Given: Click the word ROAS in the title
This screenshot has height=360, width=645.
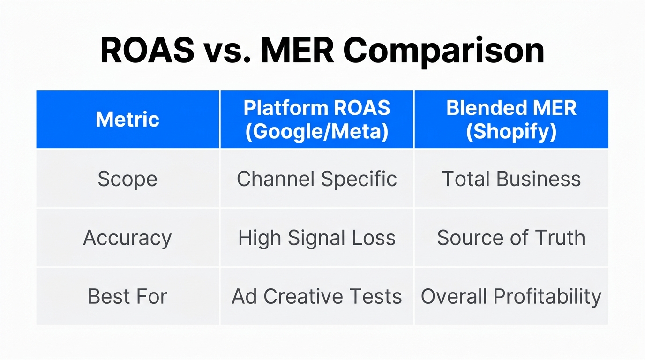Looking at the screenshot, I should (147, 50).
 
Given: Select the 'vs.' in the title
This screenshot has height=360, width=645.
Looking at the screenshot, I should (227, 50).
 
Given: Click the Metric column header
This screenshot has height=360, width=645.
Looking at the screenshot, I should (127, 120).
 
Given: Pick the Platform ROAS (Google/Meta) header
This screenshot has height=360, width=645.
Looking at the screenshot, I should (317, 120).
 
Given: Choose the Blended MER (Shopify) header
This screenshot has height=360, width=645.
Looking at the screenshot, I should (511, 120).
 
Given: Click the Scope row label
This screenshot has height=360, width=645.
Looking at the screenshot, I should (127, 179).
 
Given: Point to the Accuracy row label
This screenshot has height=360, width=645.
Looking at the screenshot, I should (127, 238).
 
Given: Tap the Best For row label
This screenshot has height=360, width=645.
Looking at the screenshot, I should (127, 296).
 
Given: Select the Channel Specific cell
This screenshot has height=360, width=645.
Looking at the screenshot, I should (317, 179).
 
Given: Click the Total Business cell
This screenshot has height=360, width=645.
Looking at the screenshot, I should (511, 179).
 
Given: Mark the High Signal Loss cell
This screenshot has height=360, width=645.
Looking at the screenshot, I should (317, 238).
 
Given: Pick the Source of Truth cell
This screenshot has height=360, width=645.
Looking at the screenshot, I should (511, 238).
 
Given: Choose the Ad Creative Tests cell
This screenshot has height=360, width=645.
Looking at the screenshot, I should (317, 296).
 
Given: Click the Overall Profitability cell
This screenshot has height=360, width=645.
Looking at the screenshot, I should (511, 296).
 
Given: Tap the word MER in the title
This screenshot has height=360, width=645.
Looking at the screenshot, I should (298, 50).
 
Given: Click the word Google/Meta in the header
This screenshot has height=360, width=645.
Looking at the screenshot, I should (317, 132).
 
